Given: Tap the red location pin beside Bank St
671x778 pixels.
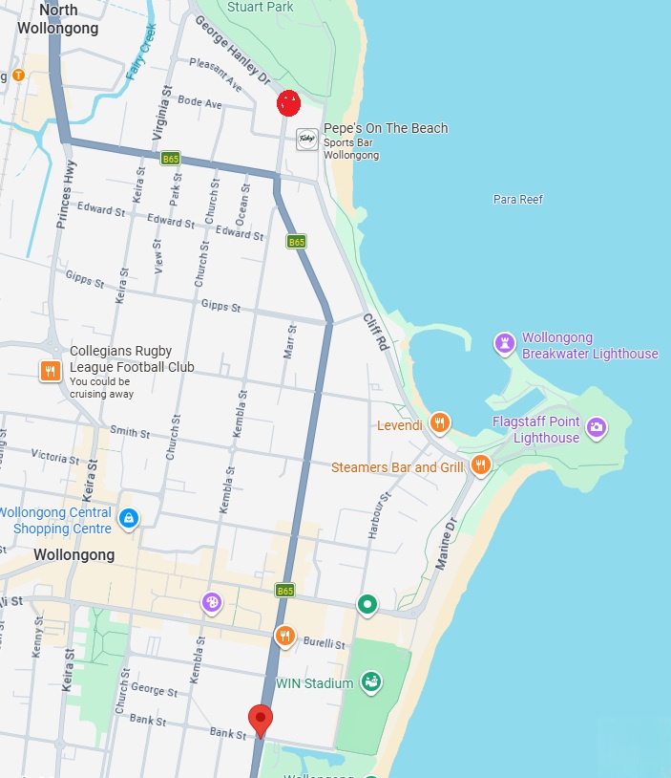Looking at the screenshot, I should (x=260, y=720).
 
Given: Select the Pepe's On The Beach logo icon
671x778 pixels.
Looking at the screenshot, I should (x=307, y=139).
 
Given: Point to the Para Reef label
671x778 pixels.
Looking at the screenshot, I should (x=517, y=200).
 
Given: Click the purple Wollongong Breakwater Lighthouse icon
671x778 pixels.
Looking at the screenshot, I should (x=504, y=342).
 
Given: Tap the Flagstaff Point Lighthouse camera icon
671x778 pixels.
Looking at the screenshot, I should (x=597, y=426).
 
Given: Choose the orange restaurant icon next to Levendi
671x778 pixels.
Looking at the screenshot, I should (x=439, y=422).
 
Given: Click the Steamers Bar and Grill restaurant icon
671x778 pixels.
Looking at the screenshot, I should (x=480, y=465).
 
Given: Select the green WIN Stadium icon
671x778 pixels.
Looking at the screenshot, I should (x=371, y=681).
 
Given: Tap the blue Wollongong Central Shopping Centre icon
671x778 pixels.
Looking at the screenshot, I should (x=129, y=519).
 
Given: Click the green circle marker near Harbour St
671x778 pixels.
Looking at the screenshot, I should (x=367, y=603).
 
